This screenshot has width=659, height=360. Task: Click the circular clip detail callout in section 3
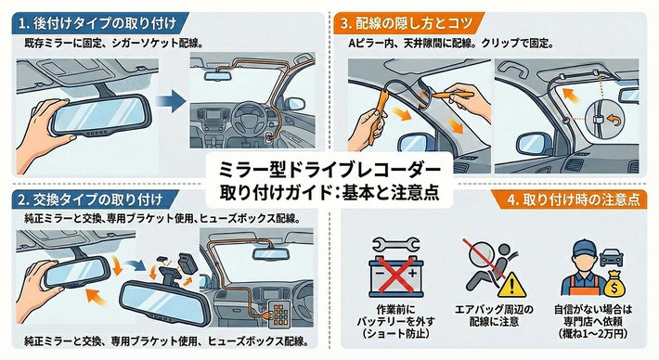(603, 122)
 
